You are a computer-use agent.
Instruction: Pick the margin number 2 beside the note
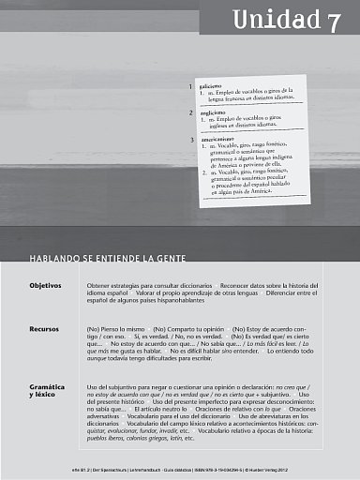pyautogui.click(x=190, y=112)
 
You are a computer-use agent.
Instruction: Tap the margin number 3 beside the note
pyautogui.click(x=190, y=141)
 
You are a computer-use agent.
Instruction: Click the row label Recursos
pyautogui.click(x=45, y=330)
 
